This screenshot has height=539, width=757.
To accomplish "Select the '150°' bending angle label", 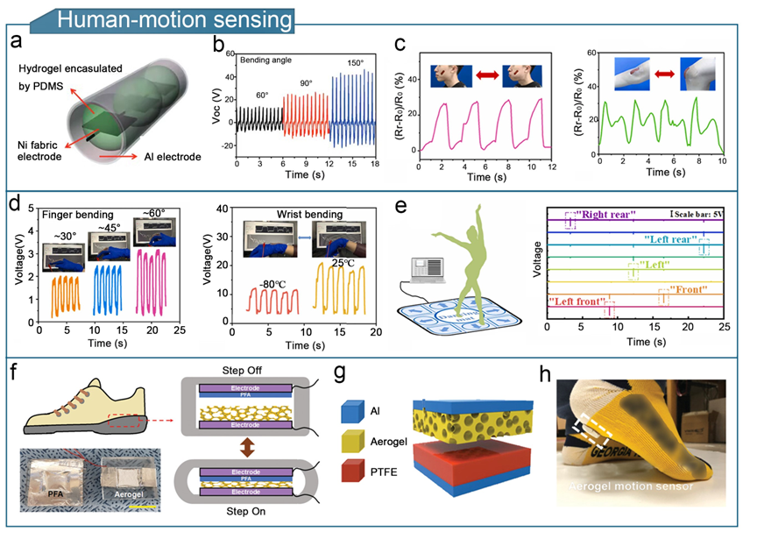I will (x=353, y=62).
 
